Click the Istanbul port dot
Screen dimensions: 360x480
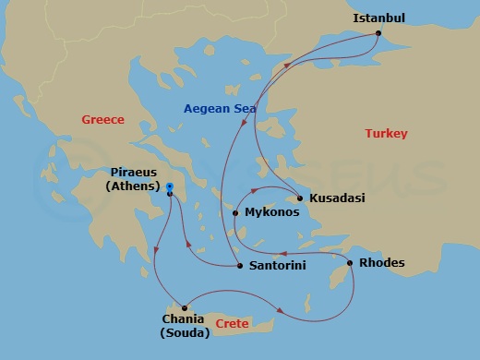pos(378,34)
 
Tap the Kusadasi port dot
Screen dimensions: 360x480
pos(301,198)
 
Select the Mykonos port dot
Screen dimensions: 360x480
pos(235,213)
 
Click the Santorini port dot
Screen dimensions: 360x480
pos(240,266)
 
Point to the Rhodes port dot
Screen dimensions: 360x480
pos(349,263)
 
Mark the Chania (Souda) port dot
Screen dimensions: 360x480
pos(185,307)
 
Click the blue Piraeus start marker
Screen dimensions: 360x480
pos(170,187)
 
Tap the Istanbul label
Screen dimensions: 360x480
pos(378,18)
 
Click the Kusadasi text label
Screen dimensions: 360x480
pos(338,198)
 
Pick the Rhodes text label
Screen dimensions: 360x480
pos(382,263)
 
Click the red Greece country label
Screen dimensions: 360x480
pos(102,120)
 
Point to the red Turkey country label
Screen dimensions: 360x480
pos(386,134)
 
